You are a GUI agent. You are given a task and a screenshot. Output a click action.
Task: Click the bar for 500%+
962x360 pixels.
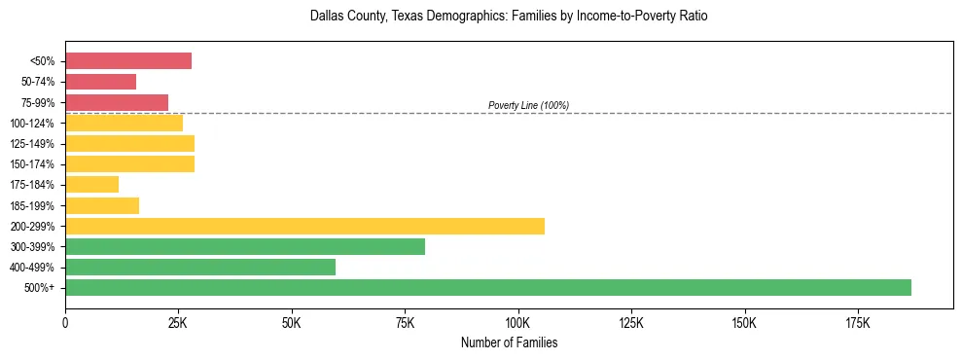[487, 287]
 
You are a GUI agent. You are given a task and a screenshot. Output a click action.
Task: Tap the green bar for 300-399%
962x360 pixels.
[244, 246]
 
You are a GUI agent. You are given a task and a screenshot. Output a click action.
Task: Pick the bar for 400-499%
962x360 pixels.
[199, 267]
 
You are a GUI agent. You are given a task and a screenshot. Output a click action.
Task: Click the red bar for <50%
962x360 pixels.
[127, 61]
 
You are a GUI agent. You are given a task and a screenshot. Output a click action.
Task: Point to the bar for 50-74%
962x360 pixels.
[100, 82]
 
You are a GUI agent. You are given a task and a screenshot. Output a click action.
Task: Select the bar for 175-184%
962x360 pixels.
[91, 184]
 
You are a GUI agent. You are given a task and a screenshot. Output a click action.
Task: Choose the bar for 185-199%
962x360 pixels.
[101, 205]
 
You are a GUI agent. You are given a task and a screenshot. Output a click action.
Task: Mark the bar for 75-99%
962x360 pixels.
[116, 102]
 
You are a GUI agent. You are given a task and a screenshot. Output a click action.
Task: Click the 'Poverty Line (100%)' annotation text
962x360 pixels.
[528, 105]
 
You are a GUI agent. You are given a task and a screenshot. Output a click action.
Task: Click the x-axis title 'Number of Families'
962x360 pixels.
[509, 342]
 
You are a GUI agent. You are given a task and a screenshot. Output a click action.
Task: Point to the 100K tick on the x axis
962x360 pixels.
[517, 321]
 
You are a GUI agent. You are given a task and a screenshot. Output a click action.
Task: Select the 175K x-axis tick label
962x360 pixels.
[857, 321]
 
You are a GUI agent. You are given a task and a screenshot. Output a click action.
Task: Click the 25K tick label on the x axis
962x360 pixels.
[178, 321]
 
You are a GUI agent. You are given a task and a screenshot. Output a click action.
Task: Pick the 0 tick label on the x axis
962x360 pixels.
[65, 321]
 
